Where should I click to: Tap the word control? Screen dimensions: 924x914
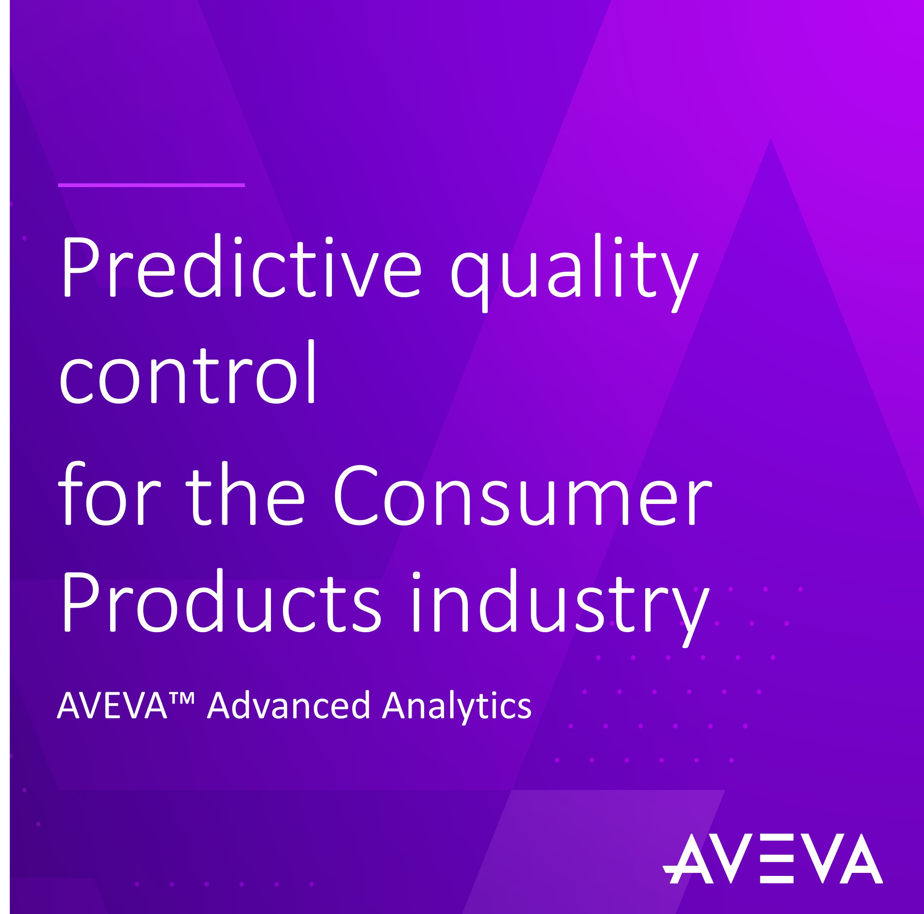pyautogui.click(x=187, y=372)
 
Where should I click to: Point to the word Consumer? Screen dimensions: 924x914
pyautogui.click(x=522, y=496)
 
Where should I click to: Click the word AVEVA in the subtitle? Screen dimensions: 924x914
pyautogui.click(x=112, y=706)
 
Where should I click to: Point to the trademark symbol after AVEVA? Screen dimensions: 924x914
pyautogui.click(x=182, y=698)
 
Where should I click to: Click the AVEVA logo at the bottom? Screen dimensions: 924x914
pyautogui.click(x=772, y=859)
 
